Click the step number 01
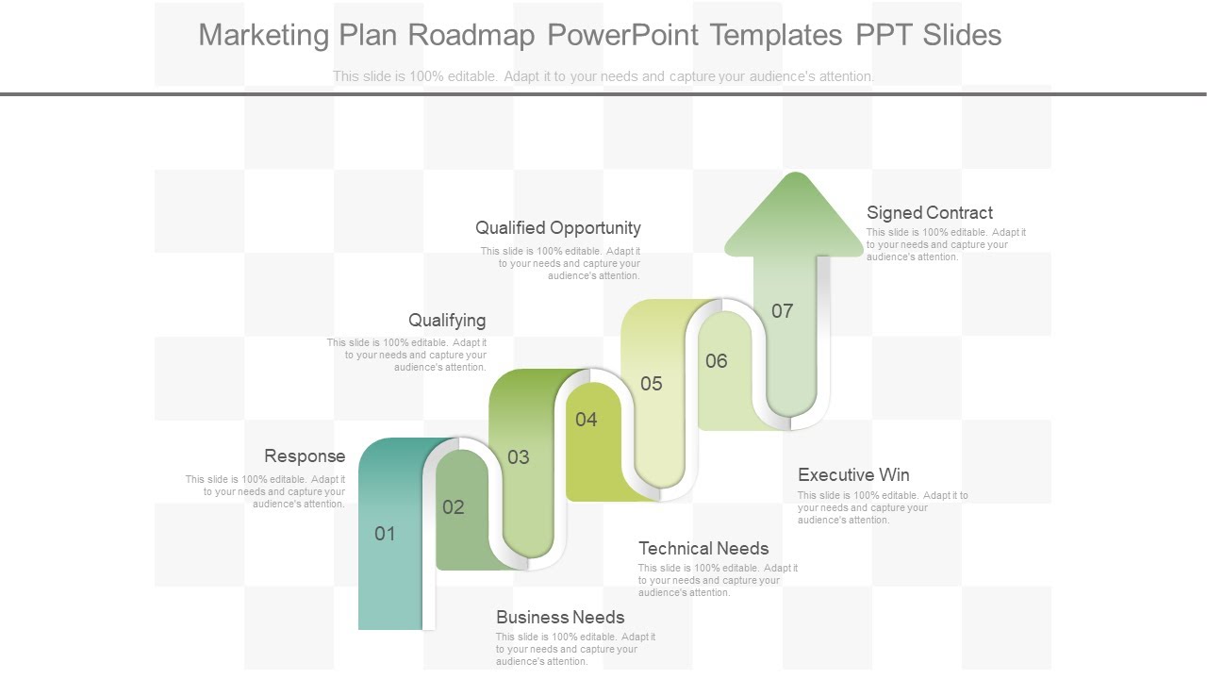pyautogui.click(x=385, y=534)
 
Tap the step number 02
pyautogui.click(x=454, y=507)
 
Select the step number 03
pyautogui.click(x=519, y=457)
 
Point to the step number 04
pyautogui.click(x=587, y=420)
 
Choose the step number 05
pyautogui.click(x=652, y=384)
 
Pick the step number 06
pyautogui.click(x=717, y=361)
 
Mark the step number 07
pyautogui.click(x=783, y=311)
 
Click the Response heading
pyautogui.click(x=305, y=456)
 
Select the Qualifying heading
pyautogui.click(x=447, y=321)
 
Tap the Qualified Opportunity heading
pyautogui.click(x=558, y=228)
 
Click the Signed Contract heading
pyautogui.click(x=930, y=213)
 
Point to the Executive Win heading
pyautogui.click(x=853, y=475)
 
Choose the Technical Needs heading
pyautogui.click(x=703, y=549)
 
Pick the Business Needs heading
pyautogui.click(x=560, y=618)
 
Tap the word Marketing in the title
pyautogui.click(x=264, y=35)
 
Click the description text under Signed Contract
pyautogui.click(x=946, y=244)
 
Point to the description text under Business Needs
pyautogui.click(x=575, y=649)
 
